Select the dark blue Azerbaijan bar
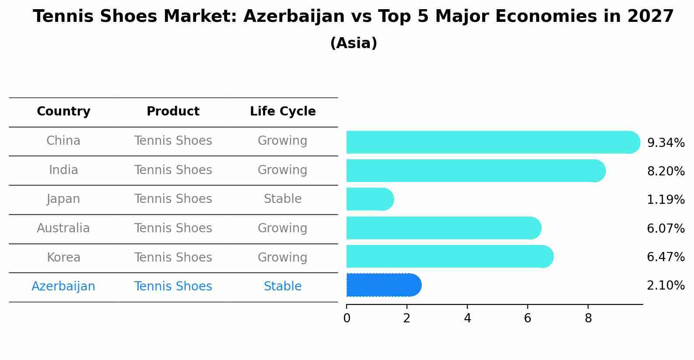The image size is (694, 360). coord(383,285)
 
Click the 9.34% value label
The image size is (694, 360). coord(666,143)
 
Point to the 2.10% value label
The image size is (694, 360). coord(666,286)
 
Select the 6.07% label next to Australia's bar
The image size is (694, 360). coord(666,228)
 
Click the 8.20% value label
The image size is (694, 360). coord(666,171)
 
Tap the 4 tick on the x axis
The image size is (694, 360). coord(467,318)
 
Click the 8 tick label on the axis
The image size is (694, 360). coord(588,318)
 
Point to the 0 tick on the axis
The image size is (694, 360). coord(347,318)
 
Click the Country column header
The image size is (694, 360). coord(63,112)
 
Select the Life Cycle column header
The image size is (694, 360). coord(283,112)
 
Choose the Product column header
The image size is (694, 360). coord(173,112)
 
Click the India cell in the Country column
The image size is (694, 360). coord(63,170)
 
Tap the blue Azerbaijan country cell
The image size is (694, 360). coord(63,287)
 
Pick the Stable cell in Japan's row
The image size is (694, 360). coord(283,199)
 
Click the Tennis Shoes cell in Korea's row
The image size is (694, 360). coord(173,257)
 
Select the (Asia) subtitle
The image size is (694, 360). coord(354,43)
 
